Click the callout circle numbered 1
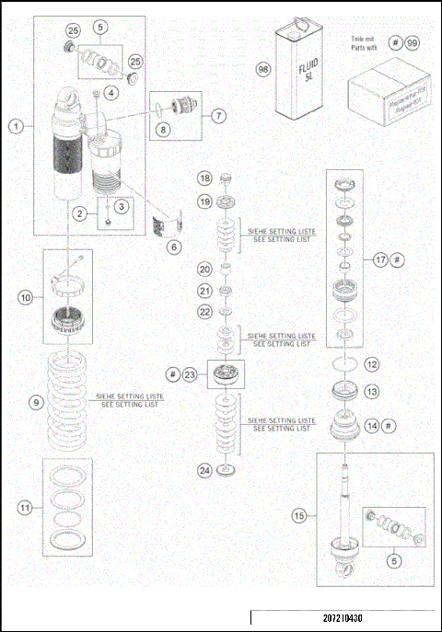(17, 128)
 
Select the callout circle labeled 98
(263, 70)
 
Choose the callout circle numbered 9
(36, 402)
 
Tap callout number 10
(25, 297)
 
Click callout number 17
(380, 260)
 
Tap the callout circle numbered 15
(299, 517)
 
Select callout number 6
(174, 247)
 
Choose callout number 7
(217, 117)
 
